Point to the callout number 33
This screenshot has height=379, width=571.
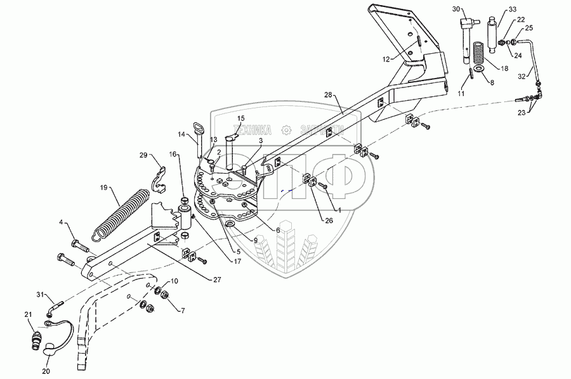click(513, 10)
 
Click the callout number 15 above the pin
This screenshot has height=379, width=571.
click(240, 119)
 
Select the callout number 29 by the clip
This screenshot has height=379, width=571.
click(143, 155)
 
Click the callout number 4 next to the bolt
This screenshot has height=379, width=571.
click(62, 222)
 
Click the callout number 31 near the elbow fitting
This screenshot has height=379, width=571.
click(39, 295)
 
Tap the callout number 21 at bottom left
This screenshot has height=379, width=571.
click(28, 315)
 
